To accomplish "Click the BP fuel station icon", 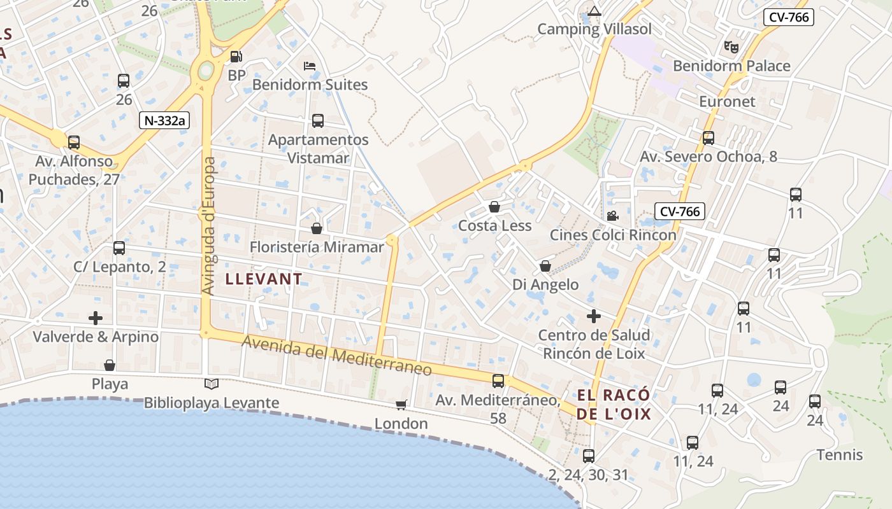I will [x=236, y=57].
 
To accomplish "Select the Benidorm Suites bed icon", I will [x=310, y=66].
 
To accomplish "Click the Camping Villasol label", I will [x=594, y=29].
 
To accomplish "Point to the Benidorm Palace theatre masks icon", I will [x=731, y=46].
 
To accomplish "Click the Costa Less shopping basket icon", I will [x=494, y=207].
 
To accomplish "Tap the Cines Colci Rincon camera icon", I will [x=612, y=216].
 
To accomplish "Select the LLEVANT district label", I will [x=264, y=279].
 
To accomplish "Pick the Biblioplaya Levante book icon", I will [x=211, y=384].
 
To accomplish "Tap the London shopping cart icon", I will [x=401, y=405].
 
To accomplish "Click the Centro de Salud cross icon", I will [x=594, y=316].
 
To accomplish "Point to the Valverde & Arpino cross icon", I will [x=96, y=317].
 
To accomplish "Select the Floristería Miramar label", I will [x=317, y=247].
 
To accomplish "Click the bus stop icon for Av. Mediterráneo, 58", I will [x=498, y=381].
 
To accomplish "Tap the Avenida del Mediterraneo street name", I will [x=337, y=355].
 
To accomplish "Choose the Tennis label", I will [x=840, y=454].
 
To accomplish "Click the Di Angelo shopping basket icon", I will [x=545, y=265].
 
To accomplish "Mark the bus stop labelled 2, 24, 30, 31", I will [x=589, y=456].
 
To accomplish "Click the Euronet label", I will [x=727, y=101].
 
